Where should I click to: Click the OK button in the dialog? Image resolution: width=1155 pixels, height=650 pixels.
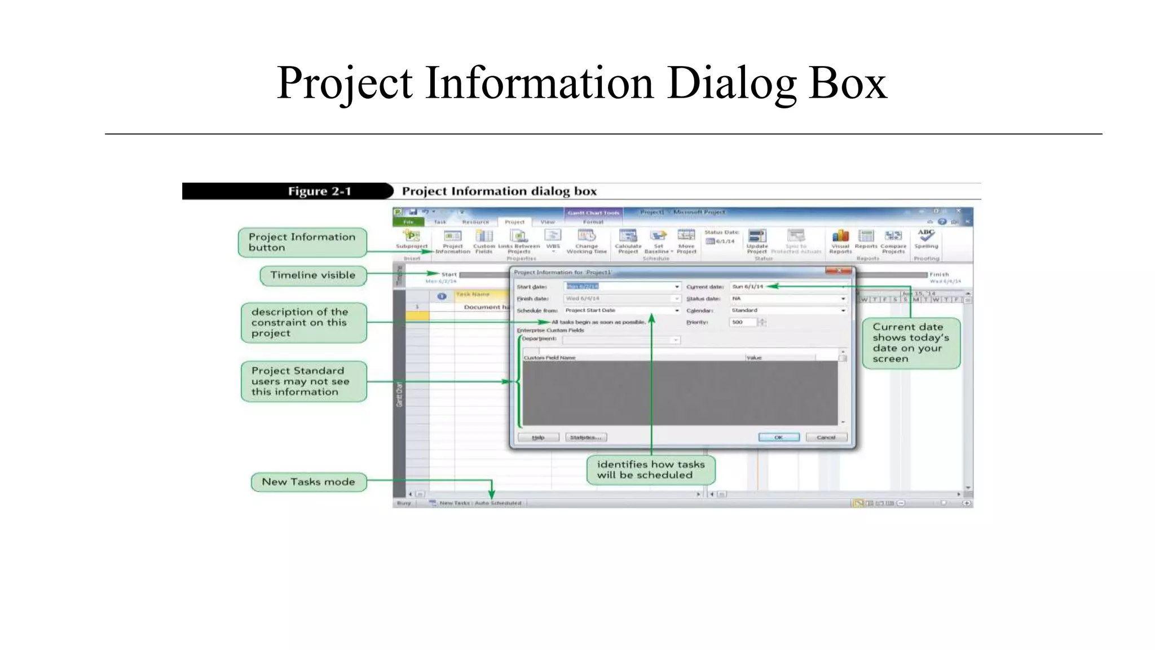pos(778,437)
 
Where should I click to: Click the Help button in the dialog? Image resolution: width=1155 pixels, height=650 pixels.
pos(538,437)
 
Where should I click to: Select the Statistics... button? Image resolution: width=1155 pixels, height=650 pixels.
pos(586,437)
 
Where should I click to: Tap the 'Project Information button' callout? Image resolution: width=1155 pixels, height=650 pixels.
pos(302,242)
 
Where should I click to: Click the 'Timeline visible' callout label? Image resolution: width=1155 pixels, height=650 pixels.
pos(313,275)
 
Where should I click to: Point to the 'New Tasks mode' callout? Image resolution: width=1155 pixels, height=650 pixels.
pos(308,482)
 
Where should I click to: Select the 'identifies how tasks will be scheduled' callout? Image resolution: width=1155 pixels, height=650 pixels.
pos(651,469)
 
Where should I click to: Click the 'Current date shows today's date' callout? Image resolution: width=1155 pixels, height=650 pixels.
pos(911,343)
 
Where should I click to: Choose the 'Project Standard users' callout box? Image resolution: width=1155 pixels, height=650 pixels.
pos(303,381)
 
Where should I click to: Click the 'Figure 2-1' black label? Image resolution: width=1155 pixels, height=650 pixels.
pos(288,191)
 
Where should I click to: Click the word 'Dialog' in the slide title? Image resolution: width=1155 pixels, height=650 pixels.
pos(731,83)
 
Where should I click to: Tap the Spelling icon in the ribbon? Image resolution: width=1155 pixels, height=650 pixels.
pos(926,238)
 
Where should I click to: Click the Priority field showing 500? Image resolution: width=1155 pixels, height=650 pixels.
pos(743,322)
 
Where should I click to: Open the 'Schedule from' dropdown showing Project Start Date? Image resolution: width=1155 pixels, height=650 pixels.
pos(622,310)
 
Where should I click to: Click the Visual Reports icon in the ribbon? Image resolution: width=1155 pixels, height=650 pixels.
pos(840,239)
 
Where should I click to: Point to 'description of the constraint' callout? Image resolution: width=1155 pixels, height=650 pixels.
pos(303,323)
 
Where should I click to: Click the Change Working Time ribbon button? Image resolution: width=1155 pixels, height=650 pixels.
pos(587,240)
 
